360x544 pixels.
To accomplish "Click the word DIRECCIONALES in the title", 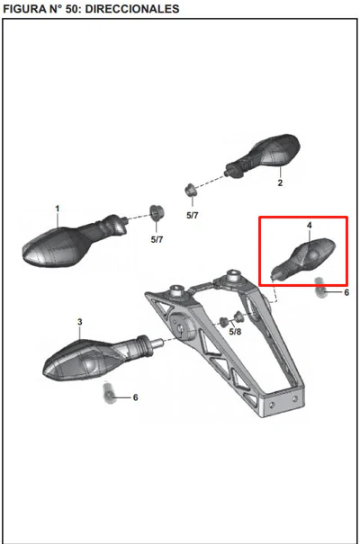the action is tap(132, 8).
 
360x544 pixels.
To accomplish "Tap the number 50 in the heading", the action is tap(72, 8).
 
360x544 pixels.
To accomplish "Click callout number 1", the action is tap(58, 209).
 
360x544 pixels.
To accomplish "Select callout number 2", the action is tap(280, 183).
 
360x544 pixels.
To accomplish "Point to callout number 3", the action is tap(80, 322).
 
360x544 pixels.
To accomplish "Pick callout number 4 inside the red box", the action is tap(310, 225).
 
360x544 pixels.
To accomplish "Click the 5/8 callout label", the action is tap(235, 332).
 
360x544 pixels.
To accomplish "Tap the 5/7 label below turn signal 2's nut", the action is tap(193, 216).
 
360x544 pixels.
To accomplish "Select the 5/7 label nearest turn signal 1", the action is tap(157, 239).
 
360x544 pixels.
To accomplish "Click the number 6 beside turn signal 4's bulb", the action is tap(346, 292).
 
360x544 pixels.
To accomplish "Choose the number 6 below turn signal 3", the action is tap(135, 397).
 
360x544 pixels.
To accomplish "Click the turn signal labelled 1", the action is tap(75, 241).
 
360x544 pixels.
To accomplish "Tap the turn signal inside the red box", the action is tap(304, 258).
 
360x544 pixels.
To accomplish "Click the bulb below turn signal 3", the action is tap(109, 392).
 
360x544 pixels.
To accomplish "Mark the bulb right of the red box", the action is tap(319, 288).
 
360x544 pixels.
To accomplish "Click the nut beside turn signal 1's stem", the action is tap(157, 213).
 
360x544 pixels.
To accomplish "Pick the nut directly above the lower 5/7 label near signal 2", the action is tap(190, 190).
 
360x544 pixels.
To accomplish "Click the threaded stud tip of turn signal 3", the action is tap(157, 343).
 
